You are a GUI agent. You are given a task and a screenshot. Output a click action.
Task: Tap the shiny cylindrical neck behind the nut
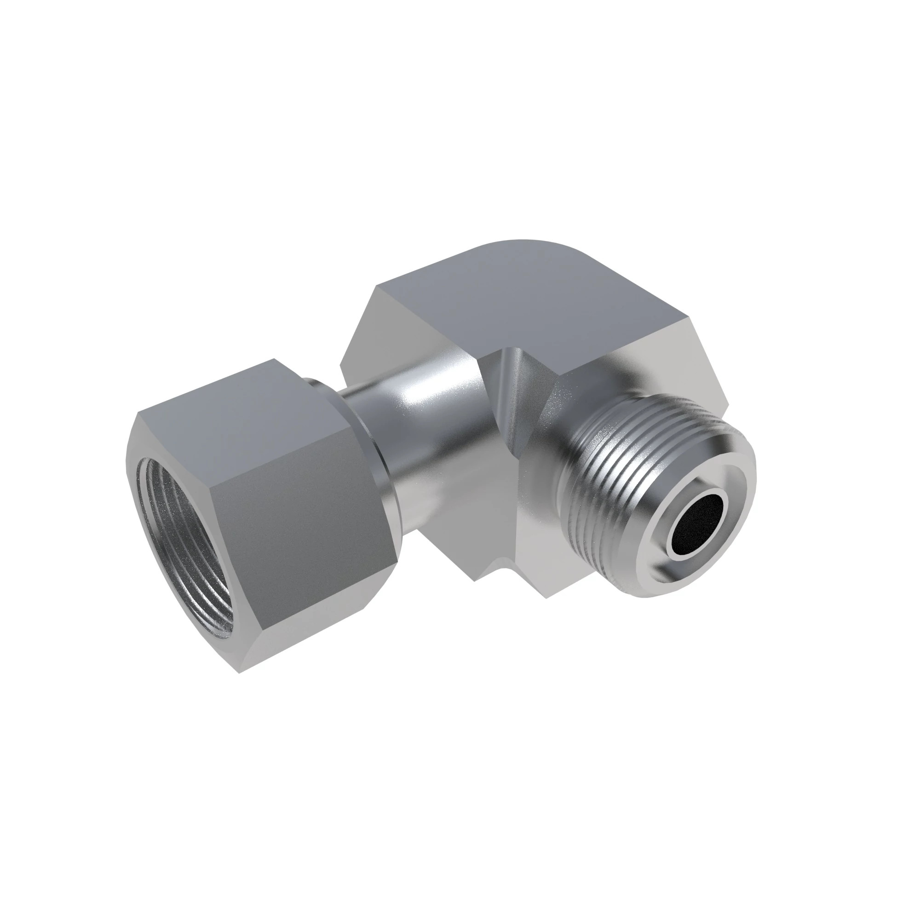click(429, 419)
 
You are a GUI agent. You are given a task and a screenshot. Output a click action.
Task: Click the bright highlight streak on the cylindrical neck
click(419, 391)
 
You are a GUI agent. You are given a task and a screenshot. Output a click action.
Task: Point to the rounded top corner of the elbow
click(524, 245)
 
